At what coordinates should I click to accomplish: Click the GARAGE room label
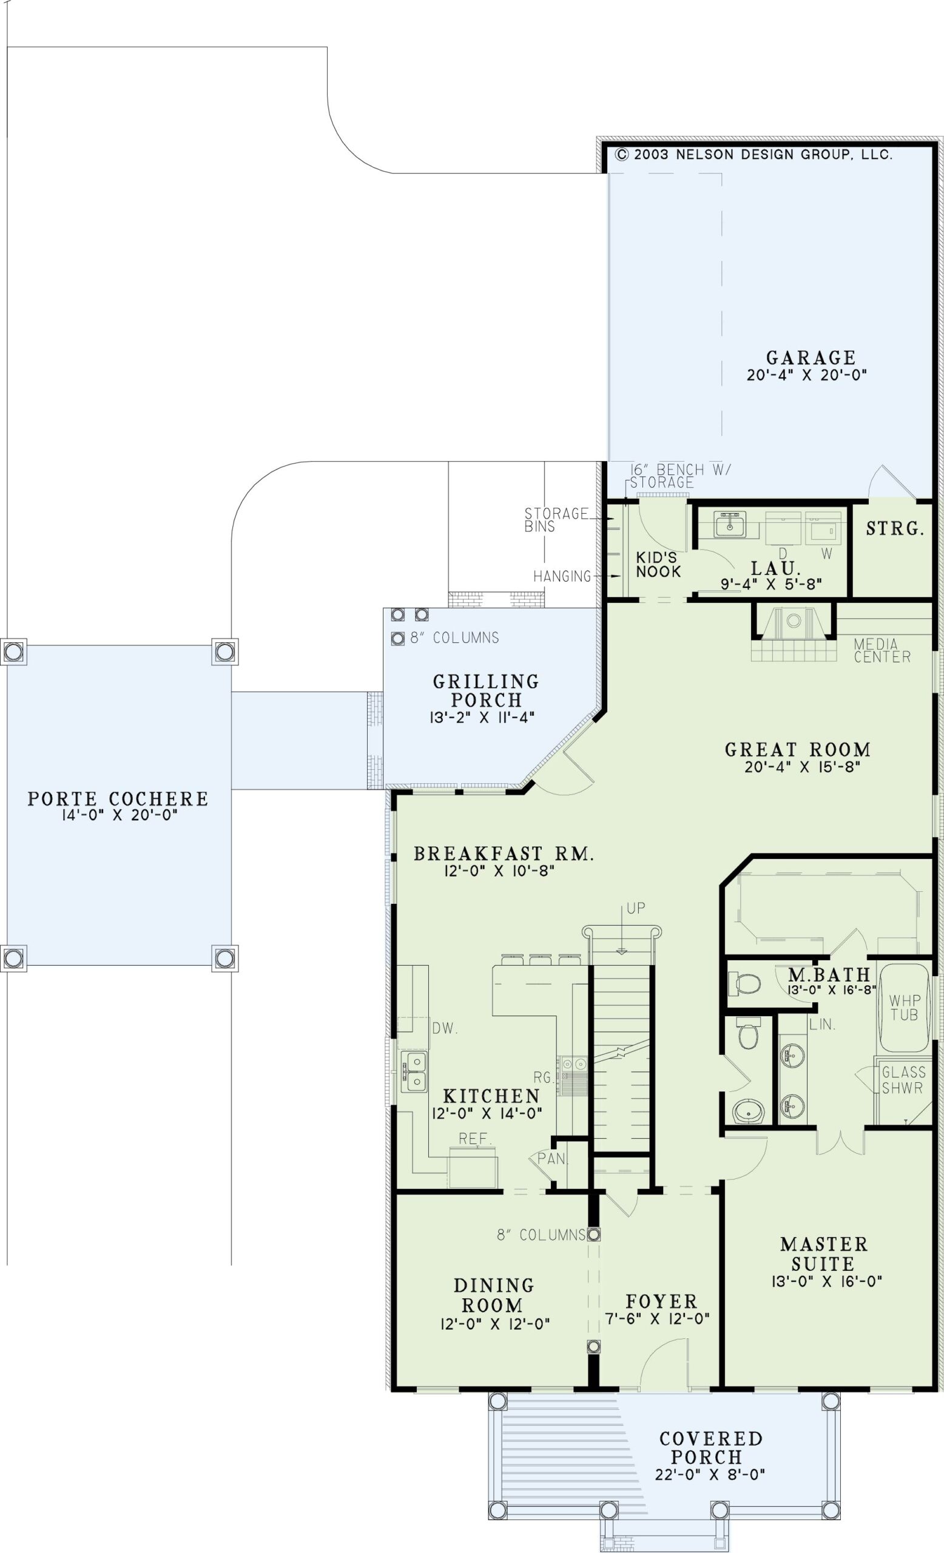(811, 358)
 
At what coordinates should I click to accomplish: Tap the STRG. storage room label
(895, 530)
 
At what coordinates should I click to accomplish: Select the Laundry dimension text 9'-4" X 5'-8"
(771, 584)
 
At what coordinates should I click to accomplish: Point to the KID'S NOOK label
(658, 565)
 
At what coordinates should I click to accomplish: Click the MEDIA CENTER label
(882, 650)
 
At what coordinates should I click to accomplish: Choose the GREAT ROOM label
(798, 750)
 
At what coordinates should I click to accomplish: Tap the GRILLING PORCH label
(486, 691)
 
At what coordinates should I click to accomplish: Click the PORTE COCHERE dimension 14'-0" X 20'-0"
(118, 815)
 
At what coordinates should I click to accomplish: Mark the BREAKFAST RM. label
(504, 854)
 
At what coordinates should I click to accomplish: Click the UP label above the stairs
(636, 908)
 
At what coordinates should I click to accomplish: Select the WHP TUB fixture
(905, 1008)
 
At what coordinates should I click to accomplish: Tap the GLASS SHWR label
(902, 1080)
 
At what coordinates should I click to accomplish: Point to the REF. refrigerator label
(475, 1138)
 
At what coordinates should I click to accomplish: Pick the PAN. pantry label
(553, 1159)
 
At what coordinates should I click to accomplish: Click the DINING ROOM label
(493, 1295)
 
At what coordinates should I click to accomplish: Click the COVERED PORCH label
(711, 1447)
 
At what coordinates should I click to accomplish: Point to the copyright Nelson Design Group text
(754, 155)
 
